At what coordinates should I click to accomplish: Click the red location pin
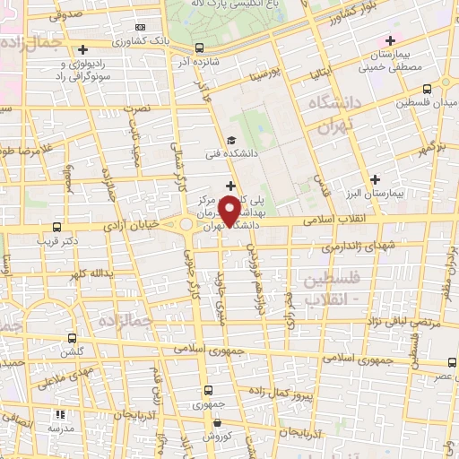pyautogui.click(x=230, y=209)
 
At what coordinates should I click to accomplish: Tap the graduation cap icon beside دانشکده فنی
pyautogui.click(x=230, y=140)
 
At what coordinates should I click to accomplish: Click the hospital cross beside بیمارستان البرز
pyautogui.click(x=375, y=178)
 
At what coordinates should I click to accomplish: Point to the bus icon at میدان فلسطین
pyautogui.click(x=426, y=89)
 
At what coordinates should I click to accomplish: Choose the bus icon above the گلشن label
pyautogui.click(x=73, y=339)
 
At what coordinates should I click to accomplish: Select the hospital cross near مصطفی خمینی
pyautogui.click(x=389, y=40)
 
